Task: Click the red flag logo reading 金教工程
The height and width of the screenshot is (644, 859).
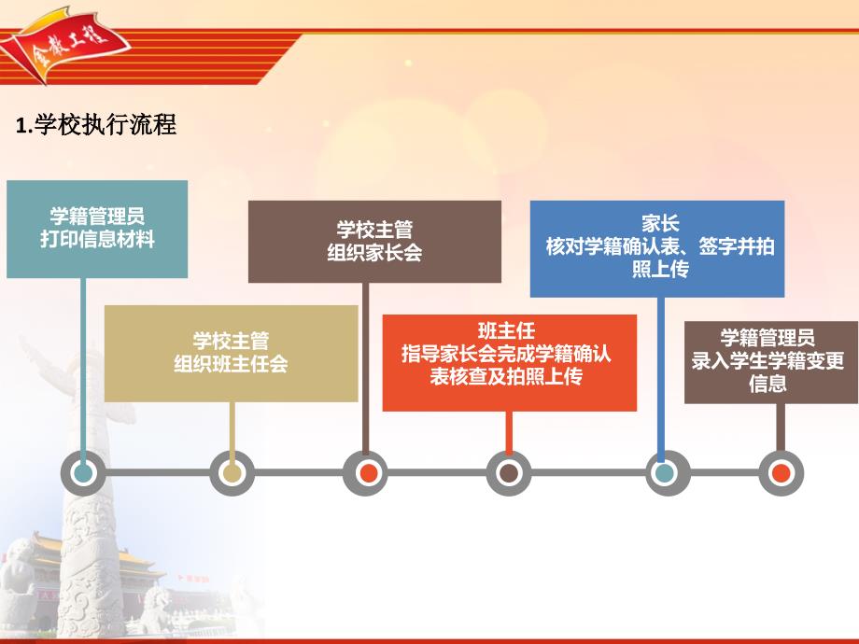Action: click(x=68, y=45)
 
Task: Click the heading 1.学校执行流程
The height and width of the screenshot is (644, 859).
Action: click(x=96, y=125)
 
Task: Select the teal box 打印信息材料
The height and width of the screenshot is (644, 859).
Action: click(x=97, y=229)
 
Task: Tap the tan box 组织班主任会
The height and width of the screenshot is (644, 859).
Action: click(x=232, y=353)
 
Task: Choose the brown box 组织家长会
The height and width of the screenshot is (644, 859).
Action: click(x=374, y=242)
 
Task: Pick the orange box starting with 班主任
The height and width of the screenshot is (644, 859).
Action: click(x=510, y=362)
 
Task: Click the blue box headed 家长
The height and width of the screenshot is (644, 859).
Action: click(x=657, y=248)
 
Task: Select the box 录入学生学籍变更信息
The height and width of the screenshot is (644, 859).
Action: click(x=771, y=362)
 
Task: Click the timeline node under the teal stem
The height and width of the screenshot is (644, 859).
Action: click(x=83, y=473)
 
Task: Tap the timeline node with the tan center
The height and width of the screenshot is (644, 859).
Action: click(x=232, y=473)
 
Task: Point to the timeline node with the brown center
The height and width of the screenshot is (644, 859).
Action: click(x=509, y=473)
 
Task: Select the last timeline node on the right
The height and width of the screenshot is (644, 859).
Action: click(x=782, y=473)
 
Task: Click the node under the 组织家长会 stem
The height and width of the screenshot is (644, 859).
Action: click(x=365, y=473)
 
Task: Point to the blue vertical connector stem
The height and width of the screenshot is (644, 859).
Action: click(x=661, y=380)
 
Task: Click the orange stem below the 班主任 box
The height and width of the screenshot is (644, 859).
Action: click(x=509, y=433)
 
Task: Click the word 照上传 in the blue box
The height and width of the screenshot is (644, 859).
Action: click(x=660, y=270)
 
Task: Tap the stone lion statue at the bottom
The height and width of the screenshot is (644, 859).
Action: click(x=160, y=608)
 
